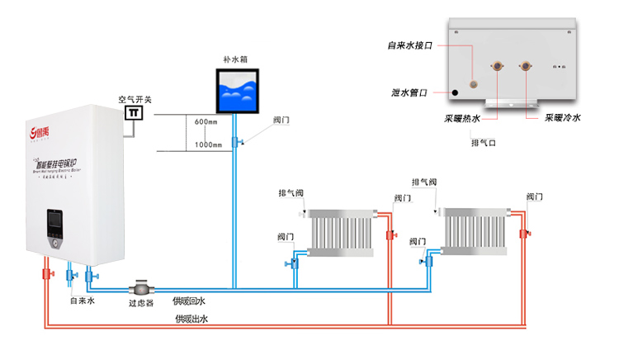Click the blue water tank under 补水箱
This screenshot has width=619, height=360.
[237, 92]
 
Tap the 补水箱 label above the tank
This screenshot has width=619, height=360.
[237, 59]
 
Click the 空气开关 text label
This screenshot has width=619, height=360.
[135, 99]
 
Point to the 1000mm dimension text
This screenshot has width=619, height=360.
[208, 145]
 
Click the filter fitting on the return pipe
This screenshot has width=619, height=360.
[142, 289]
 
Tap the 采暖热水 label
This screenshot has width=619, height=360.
[461, 118]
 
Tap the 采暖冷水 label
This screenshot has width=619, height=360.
[562, 118]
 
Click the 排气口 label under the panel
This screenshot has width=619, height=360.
[483, 142]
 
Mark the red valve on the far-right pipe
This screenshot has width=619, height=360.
[523, 234]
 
